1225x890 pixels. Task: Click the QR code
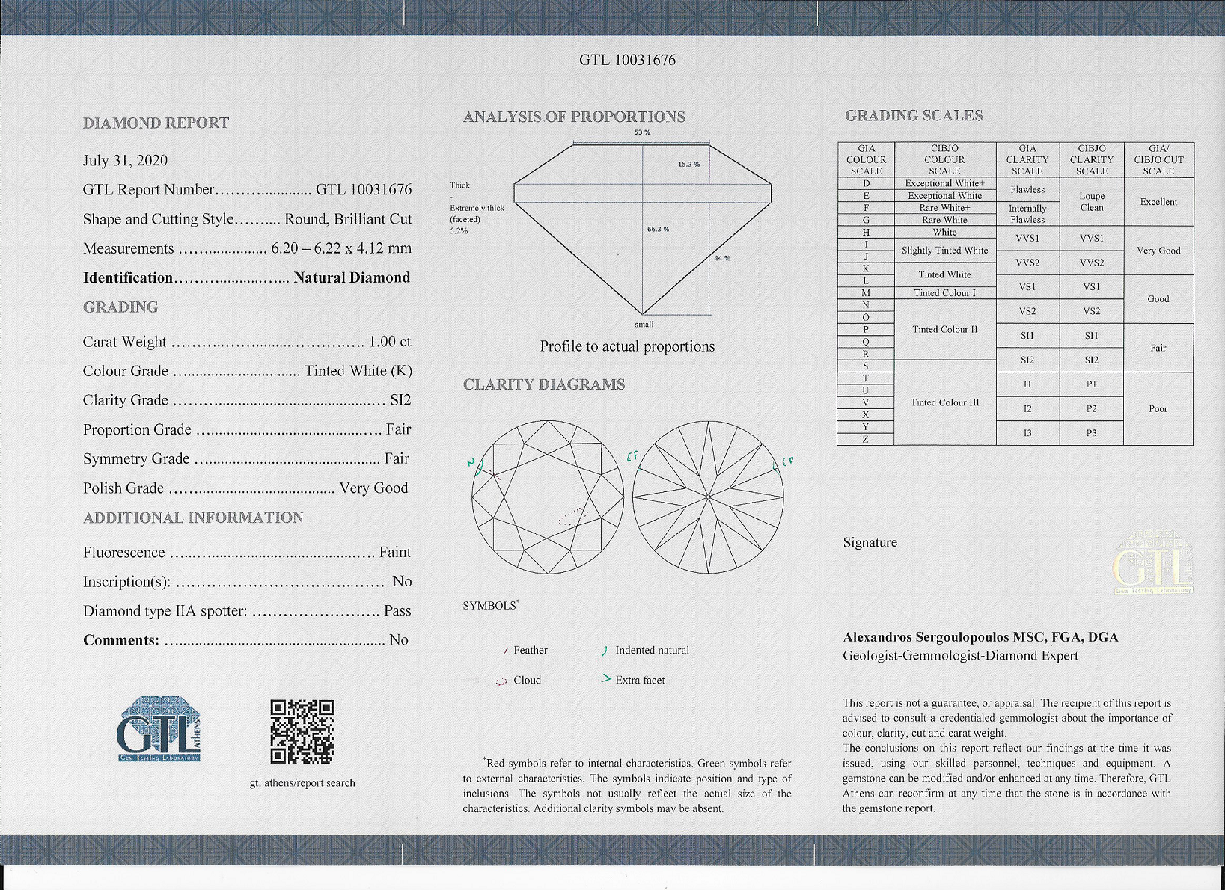point(302,731)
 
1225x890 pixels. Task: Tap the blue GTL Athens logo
point(159,729)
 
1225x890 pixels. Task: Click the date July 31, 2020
point(125,161)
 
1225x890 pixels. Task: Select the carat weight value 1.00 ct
point(390,342)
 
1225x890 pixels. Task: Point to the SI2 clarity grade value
point(400,400)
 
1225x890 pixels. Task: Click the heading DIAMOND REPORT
point(156,123)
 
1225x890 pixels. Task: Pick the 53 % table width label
point(642,132)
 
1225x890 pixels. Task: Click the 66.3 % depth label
point(658,229)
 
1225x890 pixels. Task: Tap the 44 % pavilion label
point(721,258)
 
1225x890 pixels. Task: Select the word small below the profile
point(644,325)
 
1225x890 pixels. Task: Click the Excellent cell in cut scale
point(1158,202)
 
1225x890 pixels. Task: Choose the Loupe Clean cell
point(1091,202)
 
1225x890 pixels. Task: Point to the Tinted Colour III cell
point(944,402)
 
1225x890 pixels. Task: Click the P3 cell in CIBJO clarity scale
point(1091,433)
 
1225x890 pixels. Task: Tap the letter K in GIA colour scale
point(866,268)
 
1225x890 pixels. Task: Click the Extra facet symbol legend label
point(640,680)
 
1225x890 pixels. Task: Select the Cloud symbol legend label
point(527,680)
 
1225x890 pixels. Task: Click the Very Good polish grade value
point(373,488)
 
